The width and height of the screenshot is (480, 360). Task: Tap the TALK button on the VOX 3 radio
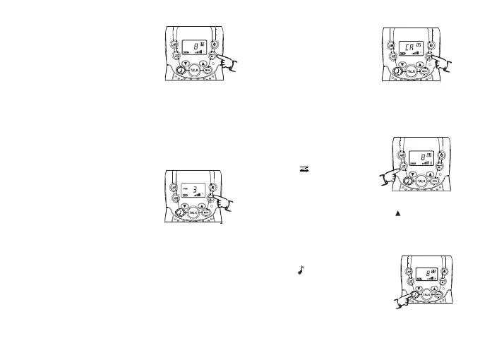click(193, 212)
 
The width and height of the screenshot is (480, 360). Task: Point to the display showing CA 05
click(409, 48)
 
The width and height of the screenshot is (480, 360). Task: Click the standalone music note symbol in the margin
click(301, 269)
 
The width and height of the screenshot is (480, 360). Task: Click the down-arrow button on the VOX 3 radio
click(185, 204)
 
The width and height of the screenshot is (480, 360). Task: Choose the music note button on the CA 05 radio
click(398, 71)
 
